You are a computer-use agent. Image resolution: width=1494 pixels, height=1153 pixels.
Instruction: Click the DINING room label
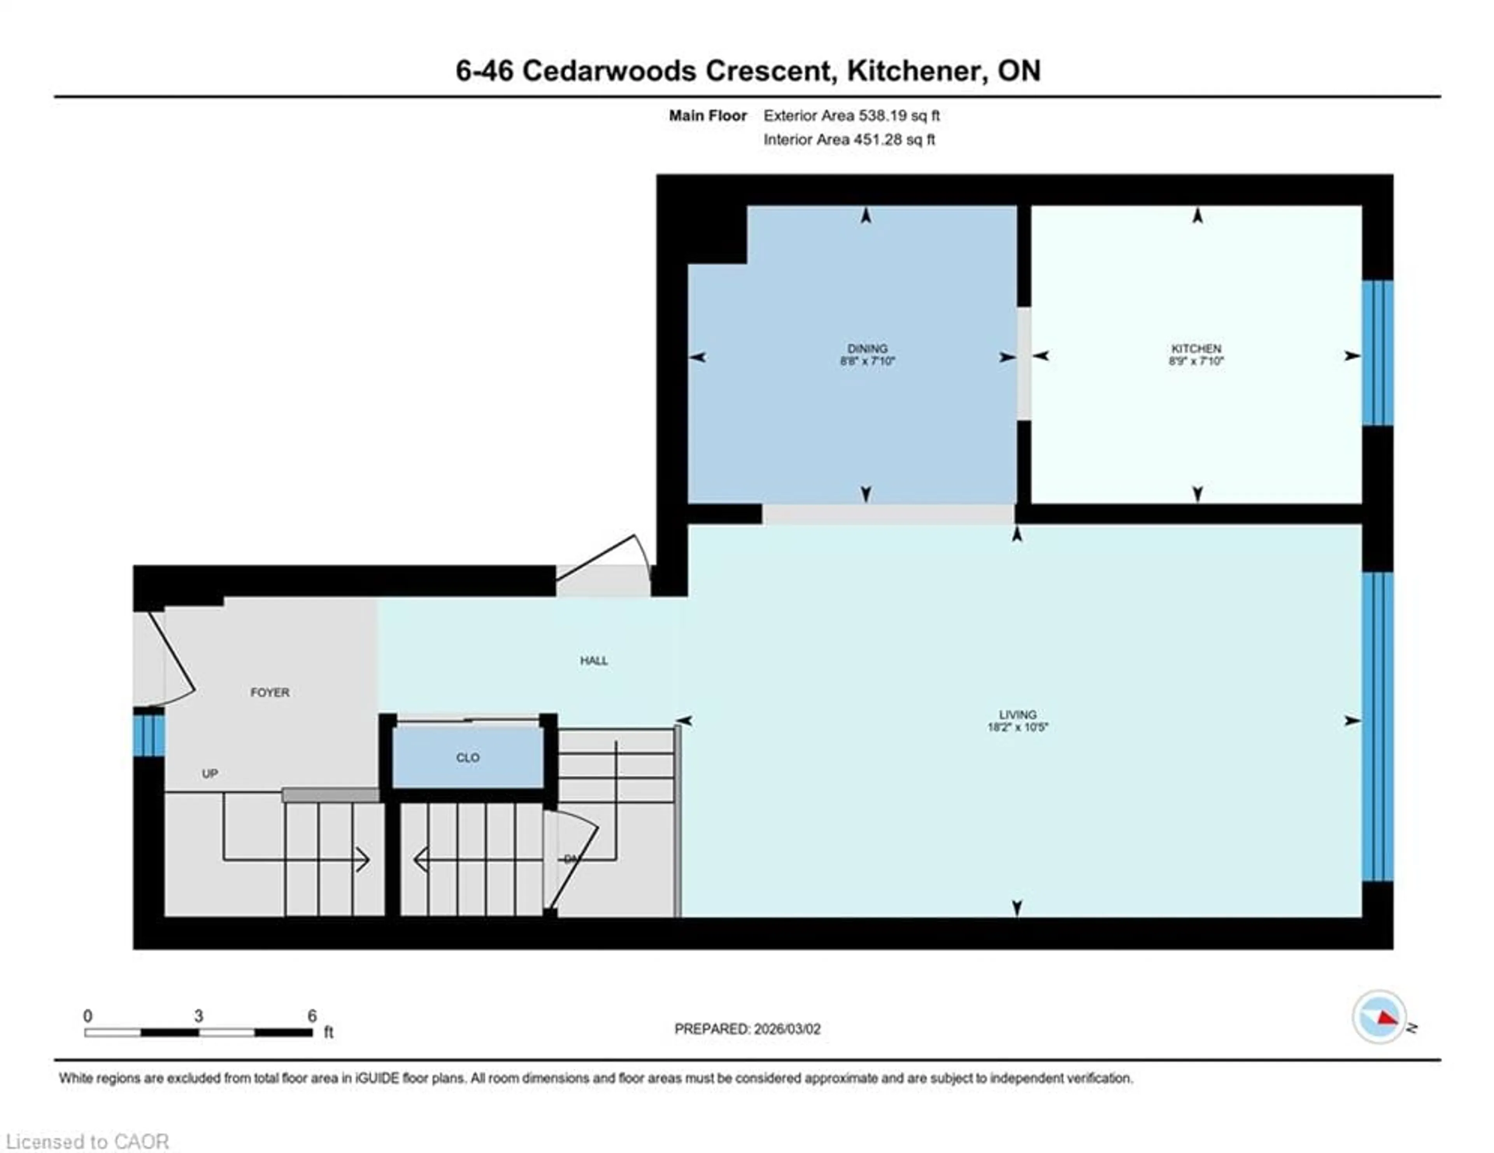coord(867,348)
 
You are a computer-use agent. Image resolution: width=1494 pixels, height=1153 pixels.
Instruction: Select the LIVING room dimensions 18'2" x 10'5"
coord(1017,727)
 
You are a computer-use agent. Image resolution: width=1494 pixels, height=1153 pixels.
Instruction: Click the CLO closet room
coord(468,757)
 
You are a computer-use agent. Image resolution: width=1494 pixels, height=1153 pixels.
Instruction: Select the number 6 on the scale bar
coord(312,1016)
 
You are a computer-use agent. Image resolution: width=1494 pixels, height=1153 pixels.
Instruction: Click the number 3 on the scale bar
coord(198,1016)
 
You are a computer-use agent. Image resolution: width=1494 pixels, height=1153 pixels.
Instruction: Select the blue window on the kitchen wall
coord(1377,353)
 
